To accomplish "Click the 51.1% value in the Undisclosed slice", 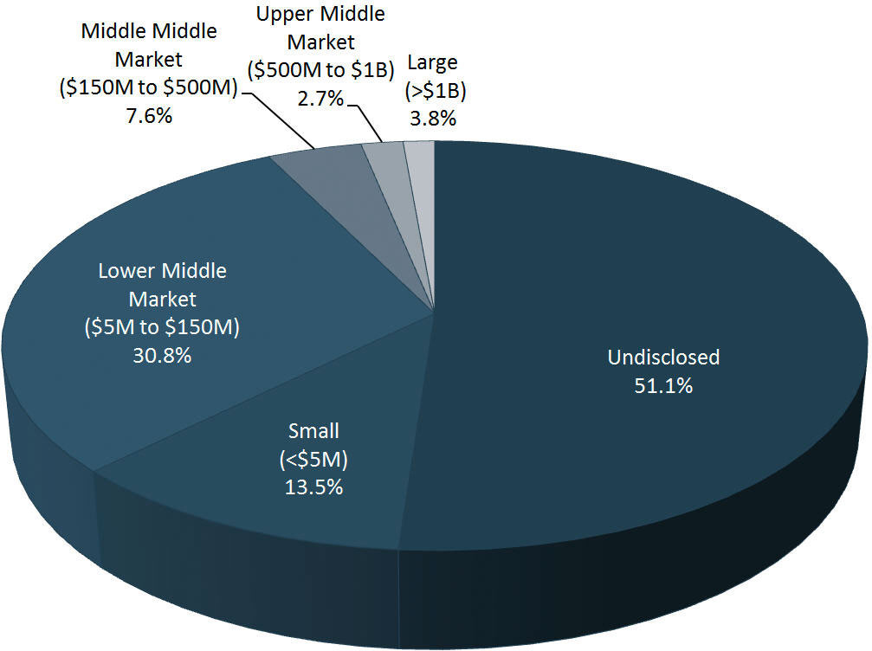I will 662,386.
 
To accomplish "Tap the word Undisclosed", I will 663,358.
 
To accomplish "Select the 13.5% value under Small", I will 313,487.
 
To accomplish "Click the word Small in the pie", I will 313,430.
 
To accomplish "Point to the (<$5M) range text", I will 313,458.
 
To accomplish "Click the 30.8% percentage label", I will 162,356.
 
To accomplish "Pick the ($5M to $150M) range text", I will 162,328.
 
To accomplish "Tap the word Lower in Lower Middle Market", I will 122,271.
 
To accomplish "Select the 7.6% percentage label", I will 149,116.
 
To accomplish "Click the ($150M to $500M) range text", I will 149,88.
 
